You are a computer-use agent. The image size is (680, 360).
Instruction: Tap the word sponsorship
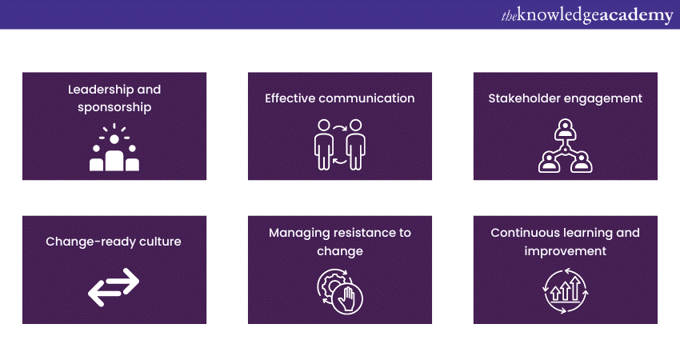point(114,106)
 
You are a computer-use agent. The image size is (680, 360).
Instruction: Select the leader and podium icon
point(114,149)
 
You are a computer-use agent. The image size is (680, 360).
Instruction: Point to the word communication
point(369,98)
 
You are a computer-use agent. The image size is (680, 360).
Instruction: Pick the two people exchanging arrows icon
point(339,144)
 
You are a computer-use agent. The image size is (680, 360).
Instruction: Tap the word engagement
point(603,98)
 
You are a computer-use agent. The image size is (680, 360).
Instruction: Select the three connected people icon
point(565,146)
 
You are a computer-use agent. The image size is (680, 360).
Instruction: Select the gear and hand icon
point(340,289)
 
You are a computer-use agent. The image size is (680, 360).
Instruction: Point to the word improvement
point(565,251)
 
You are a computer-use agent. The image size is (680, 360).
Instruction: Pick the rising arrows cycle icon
point(565,289)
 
